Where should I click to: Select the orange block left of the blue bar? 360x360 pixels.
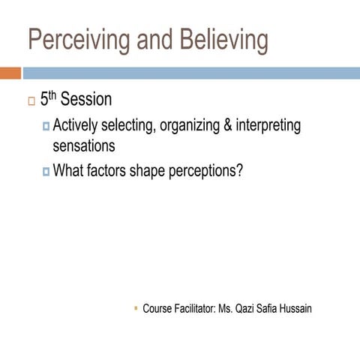click(x=10, y=73)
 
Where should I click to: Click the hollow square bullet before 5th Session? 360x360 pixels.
click(x=30, y=101)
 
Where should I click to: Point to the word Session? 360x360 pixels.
click(x=85, y=99)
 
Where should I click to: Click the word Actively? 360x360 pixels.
click(x=78, y=125)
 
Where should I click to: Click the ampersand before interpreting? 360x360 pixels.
click(x=227, y=125)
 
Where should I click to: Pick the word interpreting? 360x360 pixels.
click(x=268, y=125)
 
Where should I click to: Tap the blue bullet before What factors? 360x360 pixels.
click(x=46, y=171)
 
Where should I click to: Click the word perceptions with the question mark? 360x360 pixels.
click(x=204, y=170)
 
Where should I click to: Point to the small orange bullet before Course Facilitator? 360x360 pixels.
click(x=135, y=307)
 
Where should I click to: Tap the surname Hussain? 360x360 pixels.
click(x=295, y=308)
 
